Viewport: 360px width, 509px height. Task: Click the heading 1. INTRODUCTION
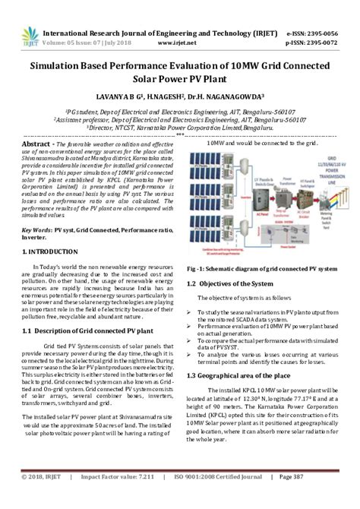point(51,250)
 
